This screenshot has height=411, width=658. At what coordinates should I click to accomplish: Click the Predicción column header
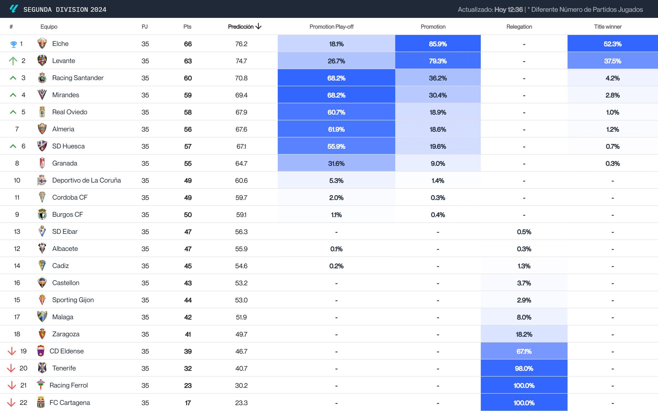coord(241,27)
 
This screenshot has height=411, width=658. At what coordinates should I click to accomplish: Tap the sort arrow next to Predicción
coord(258,26)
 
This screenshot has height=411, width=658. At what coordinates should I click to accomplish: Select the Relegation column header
coord(519,27)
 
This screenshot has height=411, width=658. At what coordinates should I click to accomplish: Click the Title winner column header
coord(608,27)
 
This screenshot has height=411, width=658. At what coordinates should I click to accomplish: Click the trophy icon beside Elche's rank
coord(13,44)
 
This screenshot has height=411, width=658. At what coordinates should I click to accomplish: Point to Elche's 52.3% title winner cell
coord(612,44)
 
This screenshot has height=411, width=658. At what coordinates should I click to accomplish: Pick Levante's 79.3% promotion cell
coord(438,61)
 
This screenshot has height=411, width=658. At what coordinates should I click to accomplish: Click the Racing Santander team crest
coord(42,78)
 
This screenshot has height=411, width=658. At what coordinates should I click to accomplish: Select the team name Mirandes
coord(65,95)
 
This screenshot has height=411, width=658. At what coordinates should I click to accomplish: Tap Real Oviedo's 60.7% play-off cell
coord(336,112)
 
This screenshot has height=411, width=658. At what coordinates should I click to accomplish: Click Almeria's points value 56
coord(188,129)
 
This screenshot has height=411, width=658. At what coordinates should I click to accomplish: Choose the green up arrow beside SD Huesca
coord(13,146)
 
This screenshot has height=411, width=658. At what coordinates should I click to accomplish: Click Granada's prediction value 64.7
coord(241,163)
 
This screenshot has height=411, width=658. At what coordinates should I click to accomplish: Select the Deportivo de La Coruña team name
coord(87,180)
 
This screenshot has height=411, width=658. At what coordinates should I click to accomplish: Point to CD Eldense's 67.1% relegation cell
coord(524,351)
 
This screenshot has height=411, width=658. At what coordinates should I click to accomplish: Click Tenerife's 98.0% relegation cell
coord(524,368)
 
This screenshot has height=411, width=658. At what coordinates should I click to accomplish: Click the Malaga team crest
coord(42,317)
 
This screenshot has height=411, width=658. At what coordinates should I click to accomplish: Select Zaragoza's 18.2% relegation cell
coord(524,334)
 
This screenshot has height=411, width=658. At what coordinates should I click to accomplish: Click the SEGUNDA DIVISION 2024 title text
coord(65,10)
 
